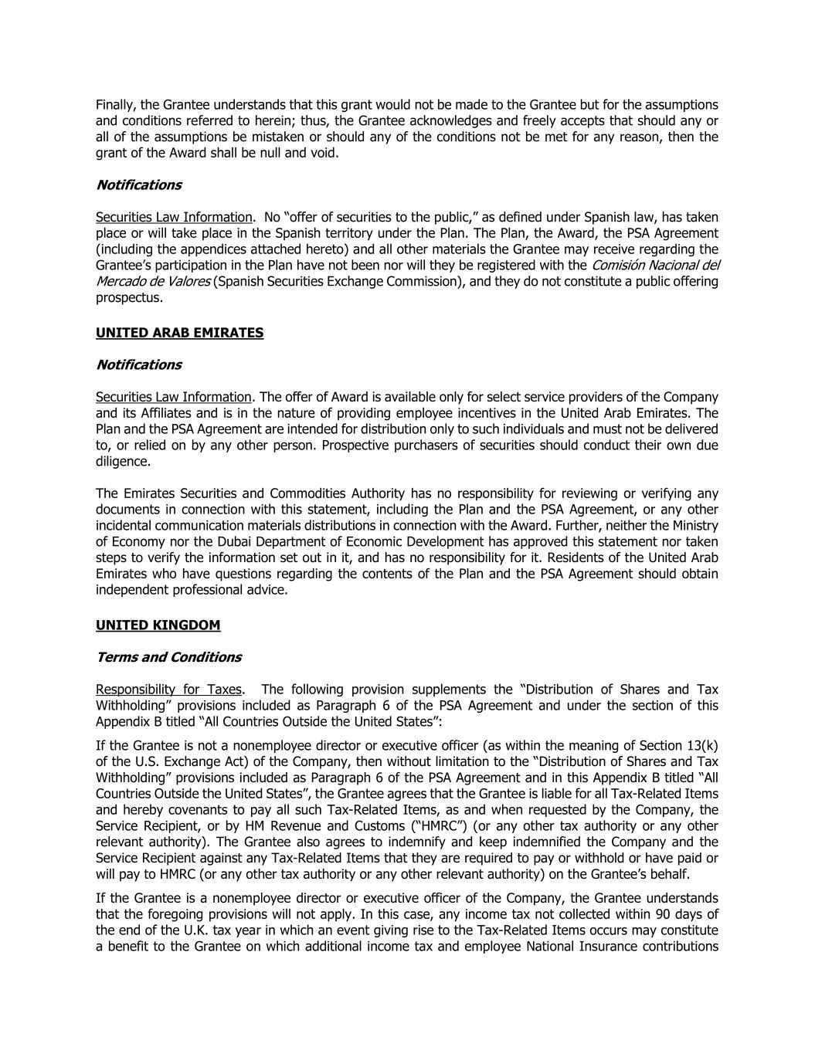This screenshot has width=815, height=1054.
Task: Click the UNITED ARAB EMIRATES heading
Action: coord(179,333)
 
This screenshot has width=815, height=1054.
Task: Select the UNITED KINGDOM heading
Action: coord(158,625)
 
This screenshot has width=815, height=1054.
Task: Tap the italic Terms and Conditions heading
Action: coord(168,657)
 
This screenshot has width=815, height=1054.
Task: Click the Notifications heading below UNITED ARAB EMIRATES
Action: coord(138,364)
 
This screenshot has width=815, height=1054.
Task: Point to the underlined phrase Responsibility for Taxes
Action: coord(168,690)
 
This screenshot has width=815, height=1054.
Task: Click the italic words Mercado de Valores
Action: coord(153,281)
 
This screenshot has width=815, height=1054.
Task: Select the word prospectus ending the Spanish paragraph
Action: coord(129,297)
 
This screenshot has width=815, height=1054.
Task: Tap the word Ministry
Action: coord(692,526)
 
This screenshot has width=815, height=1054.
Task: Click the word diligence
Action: coord(124,462)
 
